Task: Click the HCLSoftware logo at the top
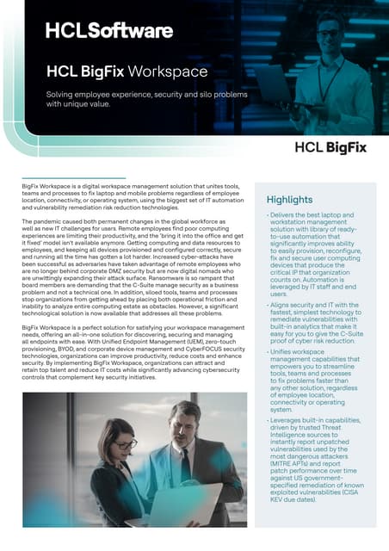108,31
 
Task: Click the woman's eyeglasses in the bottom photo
126,445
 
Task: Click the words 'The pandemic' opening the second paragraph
43,221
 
